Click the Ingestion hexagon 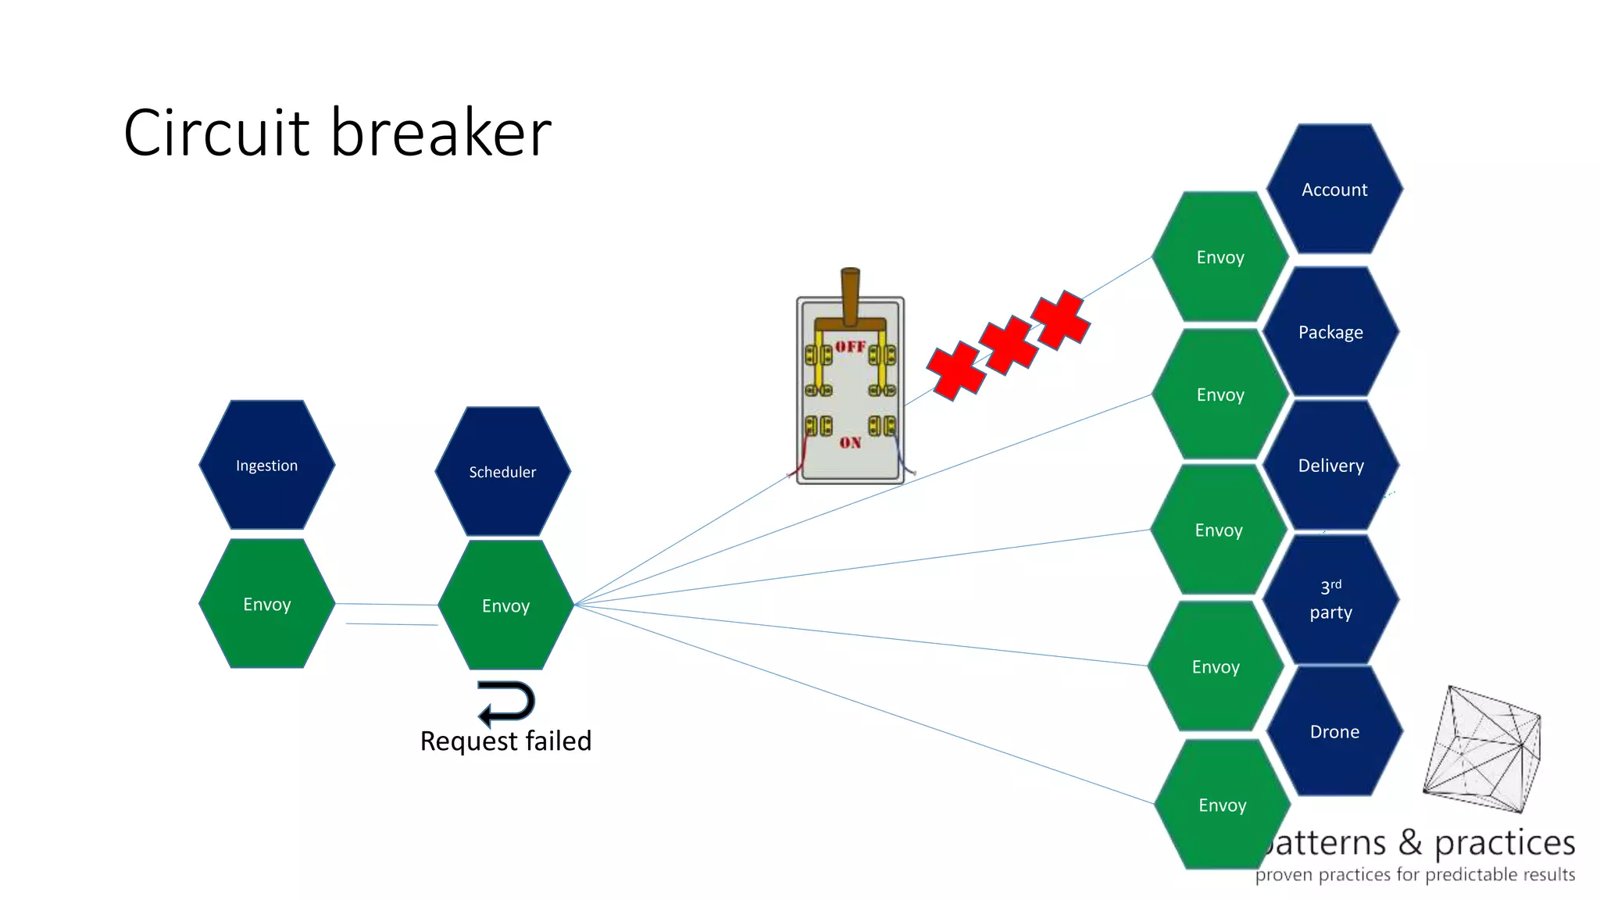tap(266, 465)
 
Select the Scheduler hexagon tap(502, 471)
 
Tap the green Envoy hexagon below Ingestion tap(266, 604)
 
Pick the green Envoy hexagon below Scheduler tap(505, 605)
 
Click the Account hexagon tap(1334, 189)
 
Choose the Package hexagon tap(1330, 332)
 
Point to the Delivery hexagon tap(1330, 466)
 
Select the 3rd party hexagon tap(1330, 599)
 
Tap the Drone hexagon tap(1334, 731)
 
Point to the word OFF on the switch tap(850, 346)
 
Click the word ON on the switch tap(850, 443)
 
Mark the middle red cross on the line tap(1008, 345)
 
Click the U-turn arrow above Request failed tap(507, 702)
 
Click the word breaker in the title tap(441, 133)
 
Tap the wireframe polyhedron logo tap(1482, 750)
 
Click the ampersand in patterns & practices tap(1409, 843)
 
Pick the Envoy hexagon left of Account tap(1220, 257)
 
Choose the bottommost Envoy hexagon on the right tap(1222, 805)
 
